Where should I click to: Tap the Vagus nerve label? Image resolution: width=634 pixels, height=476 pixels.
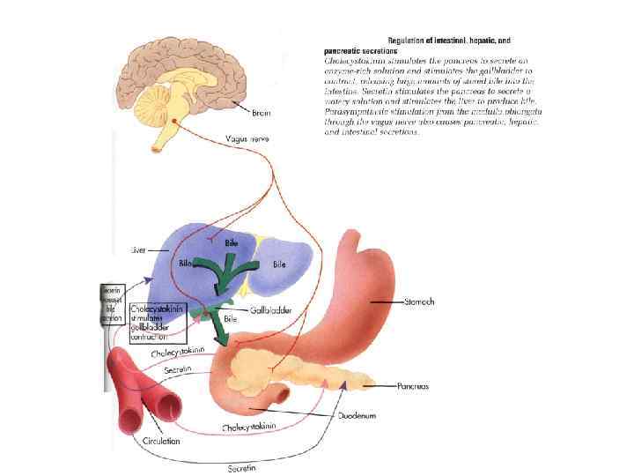point(240,137)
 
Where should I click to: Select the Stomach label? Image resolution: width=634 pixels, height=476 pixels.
point(418,302)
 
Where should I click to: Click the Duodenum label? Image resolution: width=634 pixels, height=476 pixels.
point(358,411)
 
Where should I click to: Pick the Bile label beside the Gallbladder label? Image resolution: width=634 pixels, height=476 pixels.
point(230,316)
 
